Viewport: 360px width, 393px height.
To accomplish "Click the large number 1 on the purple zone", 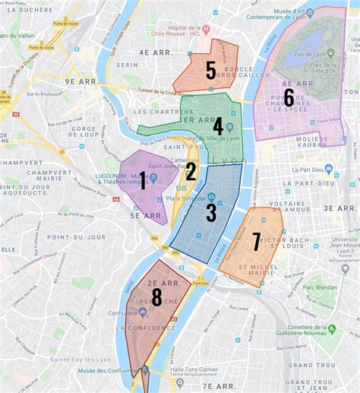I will coord(143,179).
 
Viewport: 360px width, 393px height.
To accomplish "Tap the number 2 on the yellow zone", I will coord(191,172).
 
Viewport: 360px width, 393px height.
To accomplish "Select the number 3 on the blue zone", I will coord(211,212).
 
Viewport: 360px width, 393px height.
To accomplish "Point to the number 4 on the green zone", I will coord(218,126).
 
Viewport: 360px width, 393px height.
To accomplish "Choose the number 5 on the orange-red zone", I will coord(210,71).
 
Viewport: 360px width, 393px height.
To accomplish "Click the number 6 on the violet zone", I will coord(289,97).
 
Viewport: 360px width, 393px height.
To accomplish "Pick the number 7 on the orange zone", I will coord(256,241).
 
